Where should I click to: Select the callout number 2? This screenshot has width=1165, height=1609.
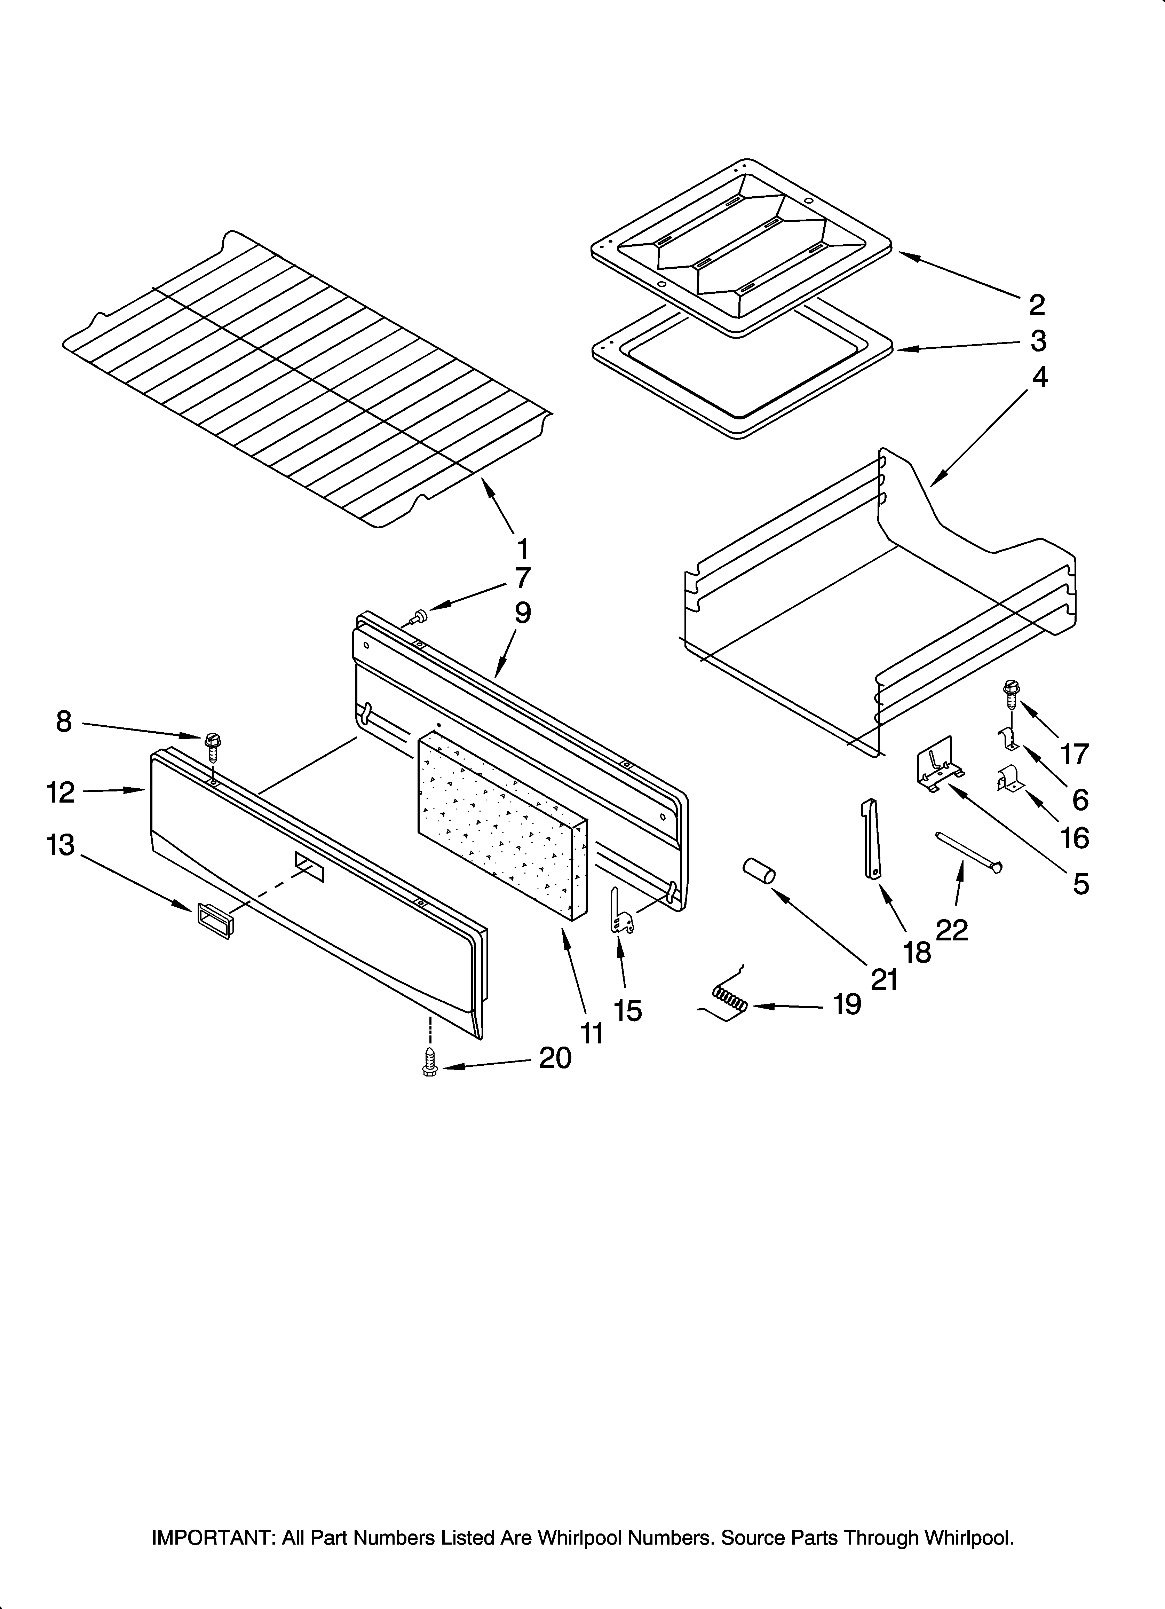pos(1037,305)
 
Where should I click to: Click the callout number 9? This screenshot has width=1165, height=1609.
pos(522,612)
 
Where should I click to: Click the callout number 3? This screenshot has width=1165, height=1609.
pos(1038,341)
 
